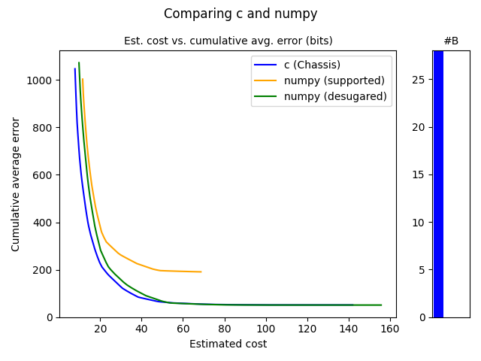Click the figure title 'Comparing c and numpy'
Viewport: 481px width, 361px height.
click(240, 14)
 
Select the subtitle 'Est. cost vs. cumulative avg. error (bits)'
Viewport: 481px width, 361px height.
click(228, 41)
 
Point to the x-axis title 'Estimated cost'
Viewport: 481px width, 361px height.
click(228, 344)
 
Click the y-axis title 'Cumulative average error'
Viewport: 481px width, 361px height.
click(16, 184)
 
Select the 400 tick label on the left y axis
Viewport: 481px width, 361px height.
click(44, 223)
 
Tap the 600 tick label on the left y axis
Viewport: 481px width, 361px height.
click(44, 175)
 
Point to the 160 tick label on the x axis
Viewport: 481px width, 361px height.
click(390, 329)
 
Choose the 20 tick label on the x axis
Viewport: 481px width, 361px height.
click(100, 329)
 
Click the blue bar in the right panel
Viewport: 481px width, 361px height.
click(438, 184)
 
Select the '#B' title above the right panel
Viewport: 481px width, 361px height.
click(451, 41)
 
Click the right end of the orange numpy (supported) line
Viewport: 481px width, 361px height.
click(201, 272)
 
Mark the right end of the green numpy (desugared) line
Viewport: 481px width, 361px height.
click(381, 305)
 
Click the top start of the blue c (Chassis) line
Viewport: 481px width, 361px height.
click(75, 69)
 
